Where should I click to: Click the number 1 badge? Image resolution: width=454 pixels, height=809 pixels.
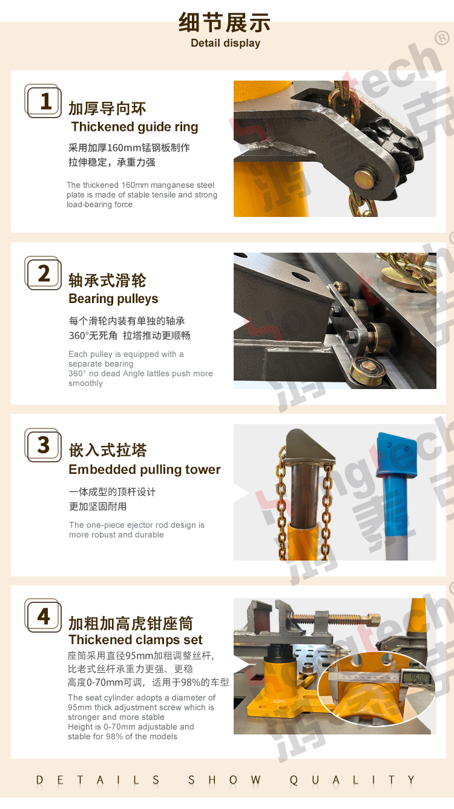(x=43, y=101)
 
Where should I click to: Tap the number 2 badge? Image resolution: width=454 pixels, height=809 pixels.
(x=43, y=273)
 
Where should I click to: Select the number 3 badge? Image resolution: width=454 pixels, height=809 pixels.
(x=43, y=445)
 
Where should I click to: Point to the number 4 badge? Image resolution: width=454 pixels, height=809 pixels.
(x=43, y=616)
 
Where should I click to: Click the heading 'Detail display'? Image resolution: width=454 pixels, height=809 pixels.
(x=226, y=44)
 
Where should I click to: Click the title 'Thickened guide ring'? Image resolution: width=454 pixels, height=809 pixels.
(x=134, y=127)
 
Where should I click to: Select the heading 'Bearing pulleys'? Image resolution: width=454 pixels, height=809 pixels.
(x=113, y=299)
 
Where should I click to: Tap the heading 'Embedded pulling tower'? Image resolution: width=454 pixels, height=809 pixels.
(x=144, y=470)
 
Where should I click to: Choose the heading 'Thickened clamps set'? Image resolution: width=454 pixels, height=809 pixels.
(x=136, y=639)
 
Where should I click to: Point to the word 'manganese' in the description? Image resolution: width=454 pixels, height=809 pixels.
(x=167, y=185)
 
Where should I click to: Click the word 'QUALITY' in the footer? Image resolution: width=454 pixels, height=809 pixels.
(x=352, y=781)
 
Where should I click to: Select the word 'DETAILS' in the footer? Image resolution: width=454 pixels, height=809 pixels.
(x=97, y=781)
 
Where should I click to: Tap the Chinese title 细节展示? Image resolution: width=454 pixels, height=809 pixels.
(x=225, y=22)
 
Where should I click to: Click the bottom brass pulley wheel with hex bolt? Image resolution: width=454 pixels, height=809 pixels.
(x=367, y=371)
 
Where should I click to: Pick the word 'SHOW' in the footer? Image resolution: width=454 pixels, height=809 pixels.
(x=224, y=781)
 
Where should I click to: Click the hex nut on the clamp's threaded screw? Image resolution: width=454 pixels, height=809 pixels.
(x=374, y=620)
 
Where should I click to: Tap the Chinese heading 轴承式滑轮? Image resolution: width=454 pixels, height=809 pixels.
(x=107, y=281)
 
